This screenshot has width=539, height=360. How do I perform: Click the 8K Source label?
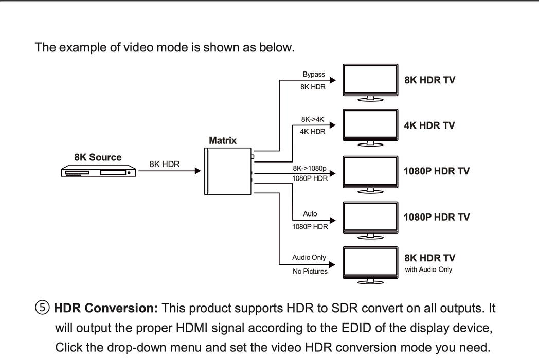(x=98, y=157)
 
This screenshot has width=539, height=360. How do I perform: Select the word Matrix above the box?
(x=223, y=140)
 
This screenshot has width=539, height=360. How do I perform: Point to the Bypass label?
(x=313, y=75)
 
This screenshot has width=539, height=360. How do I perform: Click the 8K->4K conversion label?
(x=313, y=119)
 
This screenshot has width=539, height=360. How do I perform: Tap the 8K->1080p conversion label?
(x=310, y=168)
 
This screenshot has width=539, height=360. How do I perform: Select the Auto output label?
(x=310, y=213)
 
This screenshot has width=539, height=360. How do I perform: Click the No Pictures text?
(x=310, y=271)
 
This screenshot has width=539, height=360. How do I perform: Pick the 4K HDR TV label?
(x=429, y=125)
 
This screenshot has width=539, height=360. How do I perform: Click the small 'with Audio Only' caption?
(x=428, y=269)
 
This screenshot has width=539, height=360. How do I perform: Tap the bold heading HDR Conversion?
(x=106, y=309)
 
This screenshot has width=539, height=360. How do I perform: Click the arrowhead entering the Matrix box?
(x=197, y=171)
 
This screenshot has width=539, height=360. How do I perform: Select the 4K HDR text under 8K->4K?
(x=313, y=132)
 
